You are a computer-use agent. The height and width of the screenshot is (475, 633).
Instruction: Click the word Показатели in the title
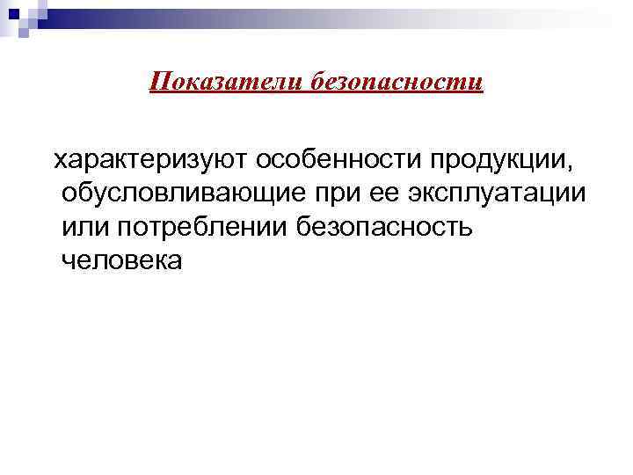(226, 82)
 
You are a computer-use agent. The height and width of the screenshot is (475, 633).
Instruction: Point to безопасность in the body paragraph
(388, 228)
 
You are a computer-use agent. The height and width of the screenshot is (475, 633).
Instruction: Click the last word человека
(122, 261)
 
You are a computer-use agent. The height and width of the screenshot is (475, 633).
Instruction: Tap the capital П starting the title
(159, 82)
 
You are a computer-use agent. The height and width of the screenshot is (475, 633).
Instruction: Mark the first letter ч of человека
(69, 261)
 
